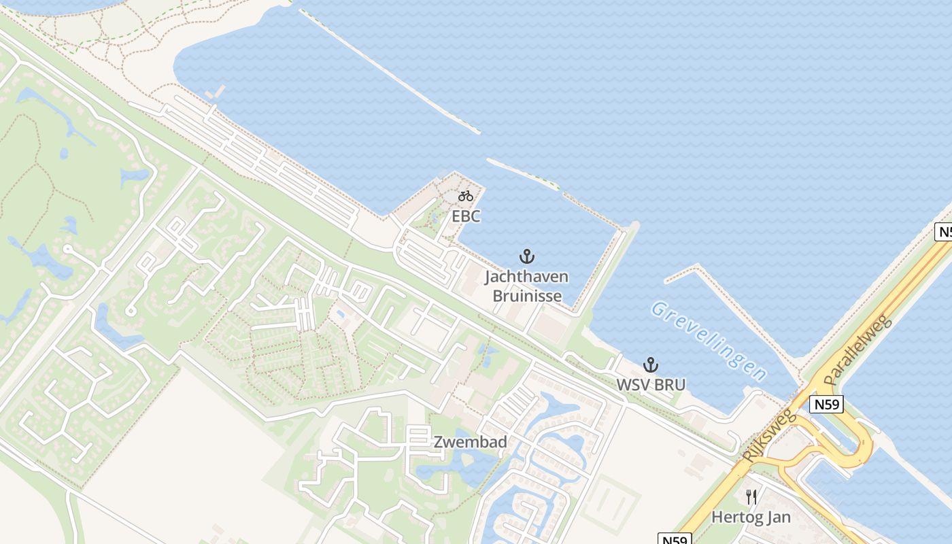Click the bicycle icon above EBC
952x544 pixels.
click(465, 197)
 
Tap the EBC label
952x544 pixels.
click(466, 217)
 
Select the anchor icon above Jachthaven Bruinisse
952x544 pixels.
click(527, 256)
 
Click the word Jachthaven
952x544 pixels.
click(526, 277)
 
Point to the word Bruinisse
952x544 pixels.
click(527, 296)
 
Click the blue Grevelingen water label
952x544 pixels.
click(709, 341)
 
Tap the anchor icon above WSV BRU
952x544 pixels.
click(651, 364)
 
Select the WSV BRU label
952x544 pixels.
click(651, 385)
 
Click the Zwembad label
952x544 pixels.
click(471, 442)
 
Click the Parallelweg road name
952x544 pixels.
click(855, 350)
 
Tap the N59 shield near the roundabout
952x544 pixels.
click(827, 405)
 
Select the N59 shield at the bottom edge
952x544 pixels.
click(675, 539)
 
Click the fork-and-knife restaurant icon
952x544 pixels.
click(751, 497)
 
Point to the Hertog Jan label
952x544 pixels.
click(751, 517)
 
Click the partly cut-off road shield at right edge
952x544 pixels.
click(943, 232)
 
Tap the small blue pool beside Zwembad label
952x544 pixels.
click(339, 314)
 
